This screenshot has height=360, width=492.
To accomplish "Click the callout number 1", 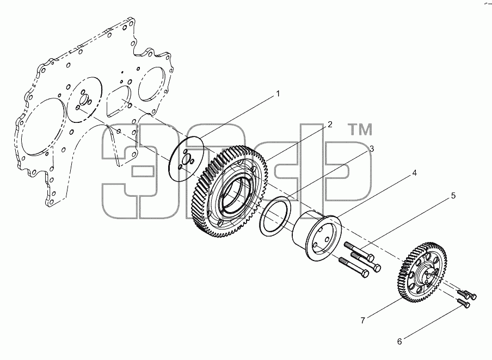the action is (278, 94).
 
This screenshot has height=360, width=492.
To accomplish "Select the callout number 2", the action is (329, 125).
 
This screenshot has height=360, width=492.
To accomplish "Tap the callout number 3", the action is (372, 148).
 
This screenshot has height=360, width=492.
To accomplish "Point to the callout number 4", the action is (414, 173).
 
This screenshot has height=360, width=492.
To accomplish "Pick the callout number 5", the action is (453, 196).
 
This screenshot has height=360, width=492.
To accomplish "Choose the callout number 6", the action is (399, 342).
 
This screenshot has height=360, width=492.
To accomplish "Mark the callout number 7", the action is (362, 320).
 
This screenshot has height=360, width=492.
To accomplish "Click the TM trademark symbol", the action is (361, 129).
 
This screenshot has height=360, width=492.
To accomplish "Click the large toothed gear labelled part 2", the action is (230, 191).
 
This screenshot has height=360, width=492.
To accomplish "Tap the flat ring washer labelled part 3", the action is (276, 216).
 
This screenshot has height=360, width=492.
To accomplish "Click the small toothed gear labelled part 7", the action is (423, 272).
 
